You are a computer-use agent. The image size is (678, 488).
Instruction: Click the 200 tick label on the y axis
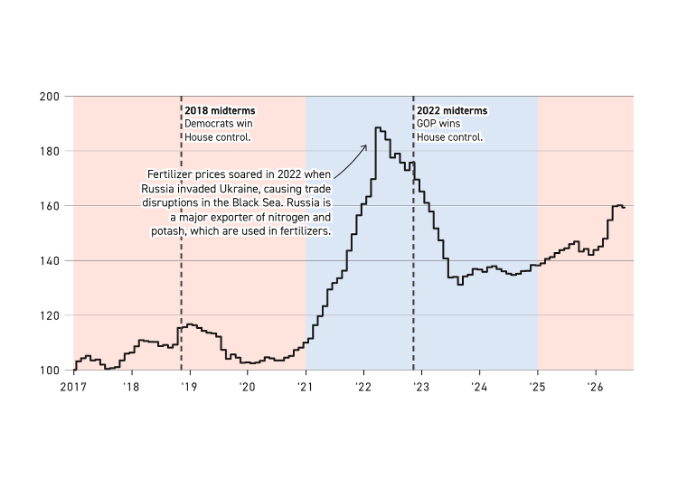pos(50,97)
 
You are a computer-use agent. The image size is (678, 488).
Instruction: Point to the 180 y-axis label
pos(50,151)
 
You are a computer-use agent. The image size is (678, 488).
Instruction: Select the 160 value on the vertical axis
pos(50,206)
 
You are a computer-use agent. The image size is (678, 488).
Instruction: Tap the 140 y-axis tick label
pos(50,261)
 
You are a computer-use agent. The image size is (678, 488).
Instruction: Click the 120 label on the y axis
pos(50,316)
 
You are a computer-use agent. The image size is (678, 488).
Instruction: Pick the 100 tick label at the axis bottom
pos(50,371)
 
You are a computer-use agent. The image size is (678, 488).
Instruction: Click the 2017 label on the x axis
pos(73,387)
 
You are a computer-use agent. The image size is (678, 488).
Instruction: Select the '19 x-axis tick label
pos(190,387)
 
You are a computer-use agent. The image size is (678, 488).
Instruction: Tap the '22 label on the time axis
pos(363,387)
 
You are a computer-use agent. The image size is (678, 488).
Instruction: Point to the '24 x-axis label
pos(479,387)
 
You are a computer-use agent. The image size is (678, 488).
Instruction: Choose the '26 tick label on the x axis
pos(596,387)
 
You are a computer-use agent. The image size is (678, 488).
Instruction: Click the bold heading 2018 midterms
pos(220,110)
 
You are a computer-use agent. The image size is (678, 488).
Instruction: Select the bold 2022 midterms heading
pos(452,110)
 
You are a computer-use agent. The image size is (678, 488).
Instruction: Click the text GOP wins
pos(438,124)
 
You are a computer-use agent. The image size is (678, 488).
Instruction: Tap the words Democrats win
pos(219,124)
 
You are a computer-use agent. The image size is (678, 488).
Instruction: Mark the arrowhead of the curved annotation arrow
pos(365,147)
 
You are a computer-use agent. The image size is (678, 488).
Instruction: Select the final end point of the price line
pos(625,208)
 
